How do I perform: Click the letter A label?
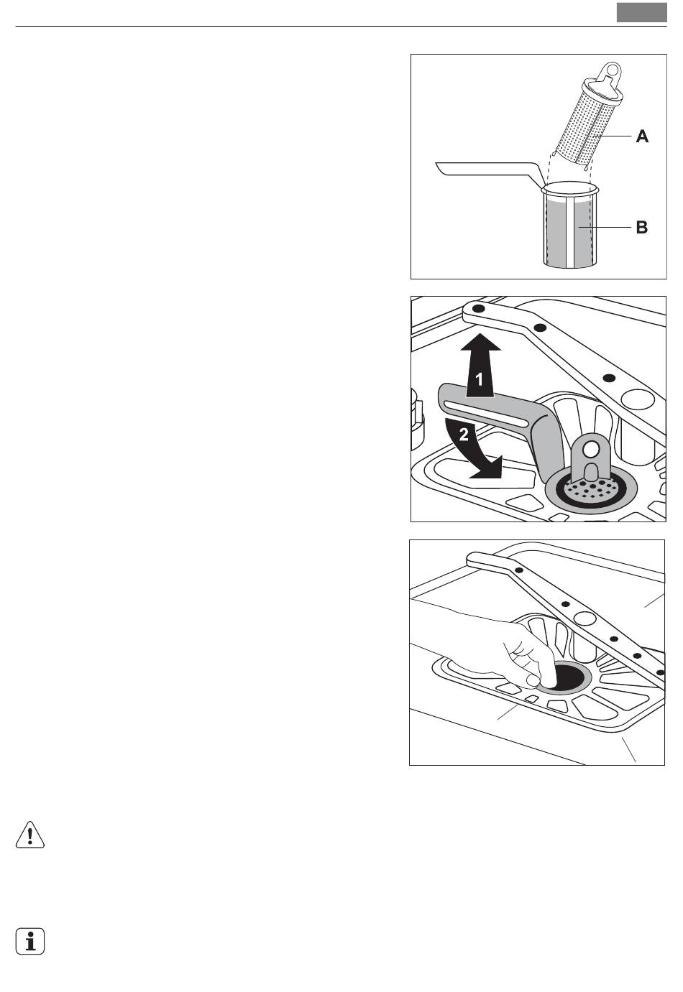[641, 136]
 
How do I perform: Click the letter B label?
[641, 228]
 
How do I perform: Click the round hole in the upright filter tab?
[591, 450]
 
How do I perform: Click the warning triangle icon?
[30, 835]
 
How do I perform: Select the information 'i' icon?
[30, 941]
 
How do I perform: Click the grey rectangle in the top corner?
[641, 13]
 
